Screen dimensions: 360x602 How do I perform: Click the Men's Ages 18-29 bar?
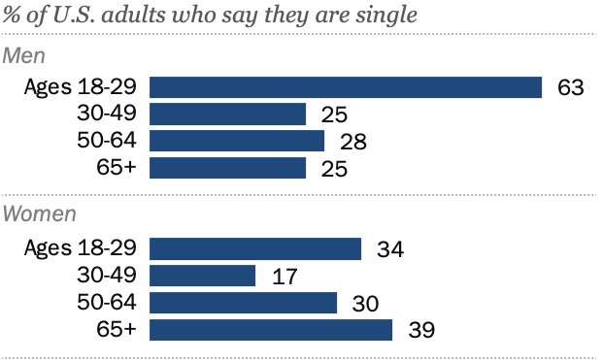click(x=346, y=87)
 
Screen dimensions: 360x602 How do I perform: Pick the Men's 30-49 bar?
click(x=228, y=115)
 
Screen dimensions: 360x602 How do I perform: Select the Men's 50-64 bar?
click(x=237, y=142)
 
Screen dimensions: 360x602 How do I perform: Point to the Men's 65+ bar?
click(x=228, y=169)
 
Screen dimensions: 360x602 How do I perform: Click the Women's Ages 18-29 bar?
click(x=255, y=249)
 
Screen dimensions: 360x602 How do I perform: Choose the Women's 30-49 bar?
click(x=203, y=277)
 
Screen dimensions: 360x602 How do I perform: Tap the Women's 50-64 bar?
click(x=244, y=303)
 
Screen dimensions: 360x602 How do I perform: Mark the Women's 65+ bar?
click(x=271, y=330)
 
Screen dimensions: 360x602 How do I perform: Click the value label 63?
click(x=570, y=88)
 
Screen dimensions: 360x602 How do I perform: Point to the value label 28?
click(x=351, y=143)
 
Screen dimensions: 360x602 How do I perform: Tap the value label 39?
click(x=419, y=331)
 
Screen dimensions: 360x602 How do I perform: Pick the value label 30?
click(x=364, y=304)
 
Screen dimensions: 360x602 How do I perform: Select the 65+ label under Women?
click(x=117, y=330)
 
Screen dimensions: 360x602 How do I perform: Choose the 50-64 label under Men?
click(x=108, y=142)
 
